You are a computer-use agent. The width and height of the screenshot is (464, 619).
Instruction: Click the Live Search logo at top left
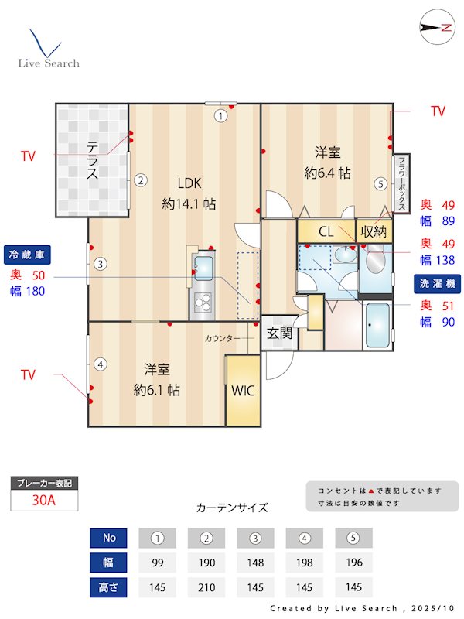point(48,50)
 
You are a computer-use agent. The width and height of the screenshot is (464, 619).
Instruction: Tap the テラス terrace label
point(92,159)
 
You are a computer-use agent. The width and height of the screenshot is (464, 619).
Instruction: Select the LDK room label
point(189,183)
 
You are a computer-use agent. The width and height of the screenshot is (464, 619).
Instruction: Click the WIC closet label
point(242,390)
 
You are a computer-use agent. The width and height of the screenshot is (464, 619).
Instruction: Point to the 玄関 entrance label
point(279,333)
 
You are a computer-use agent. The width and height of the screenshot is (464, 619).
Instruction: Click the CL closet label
point(326,231)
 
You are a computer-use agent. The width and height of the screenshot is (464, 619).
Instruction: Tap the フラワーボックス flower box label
point(403,184)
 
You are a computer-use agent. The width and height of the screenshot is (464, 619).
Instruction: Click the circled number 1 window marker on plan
point(221,116)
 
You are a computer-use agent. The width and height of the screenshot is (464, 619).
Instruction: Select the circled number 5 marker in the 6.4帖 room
point(380,183)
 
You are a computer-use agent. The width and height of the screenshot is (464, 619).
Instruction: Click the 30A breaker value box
point(44,500)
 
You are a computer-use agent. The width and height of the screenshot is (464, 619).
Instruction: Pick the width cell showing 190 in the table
point(206,563)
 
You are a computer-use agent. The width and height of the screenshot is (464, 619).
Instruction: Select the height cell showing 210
point(206,587)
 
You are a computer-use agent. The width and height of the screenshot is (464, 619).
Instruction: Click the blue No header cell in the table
point(109,538)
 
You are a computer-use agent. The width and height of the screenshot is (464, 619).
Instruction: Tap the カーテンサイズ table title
point(232,508)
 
